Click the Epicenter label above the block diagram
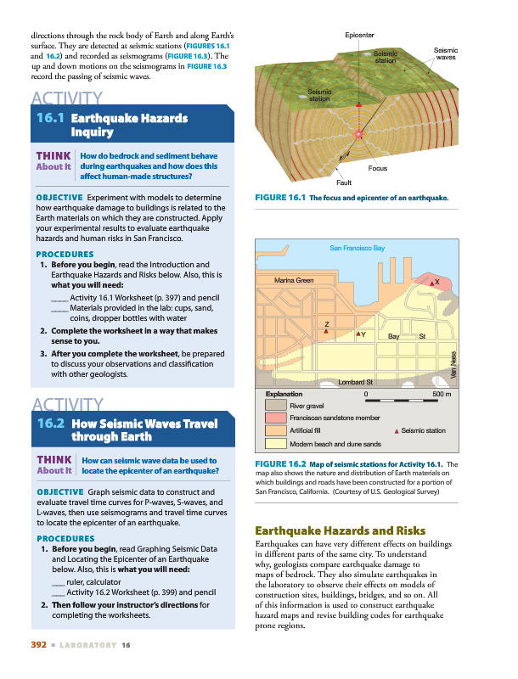(360, 34)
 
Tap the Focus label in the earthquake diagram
(378, 168)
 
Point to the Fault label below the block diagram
(344, 182)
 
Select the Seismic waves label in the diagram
(446, 53)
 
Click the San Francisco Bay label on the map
(358, 248)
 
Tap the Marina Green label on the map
(294, 280)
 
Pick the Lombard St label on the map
(356, 383)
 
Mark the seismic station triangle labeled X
(430, 283)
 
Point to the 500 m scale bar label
(442, 395)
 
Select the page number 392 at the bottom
(37, 645)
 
